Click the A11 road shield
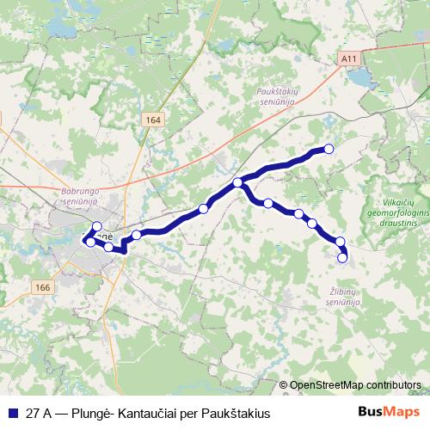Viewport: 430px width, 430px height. (347, 58)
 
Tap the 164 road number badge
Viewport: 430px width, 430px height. (153, 120)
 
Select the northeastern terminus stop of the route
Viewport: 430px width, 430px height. (328, 148)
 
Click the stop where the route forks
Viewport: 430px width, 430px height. (237, 182)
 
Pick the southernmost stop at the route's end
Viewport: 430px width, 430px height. (342, 257)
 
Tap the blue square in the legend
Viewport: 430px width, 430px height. (12, 414)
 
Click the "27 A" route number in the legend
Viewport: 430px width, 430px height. (38, 414)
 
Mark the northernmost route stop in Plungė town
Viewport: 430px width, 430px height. (97, 227)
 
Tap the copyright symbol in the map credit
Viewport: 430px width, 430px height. (283, 385)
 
